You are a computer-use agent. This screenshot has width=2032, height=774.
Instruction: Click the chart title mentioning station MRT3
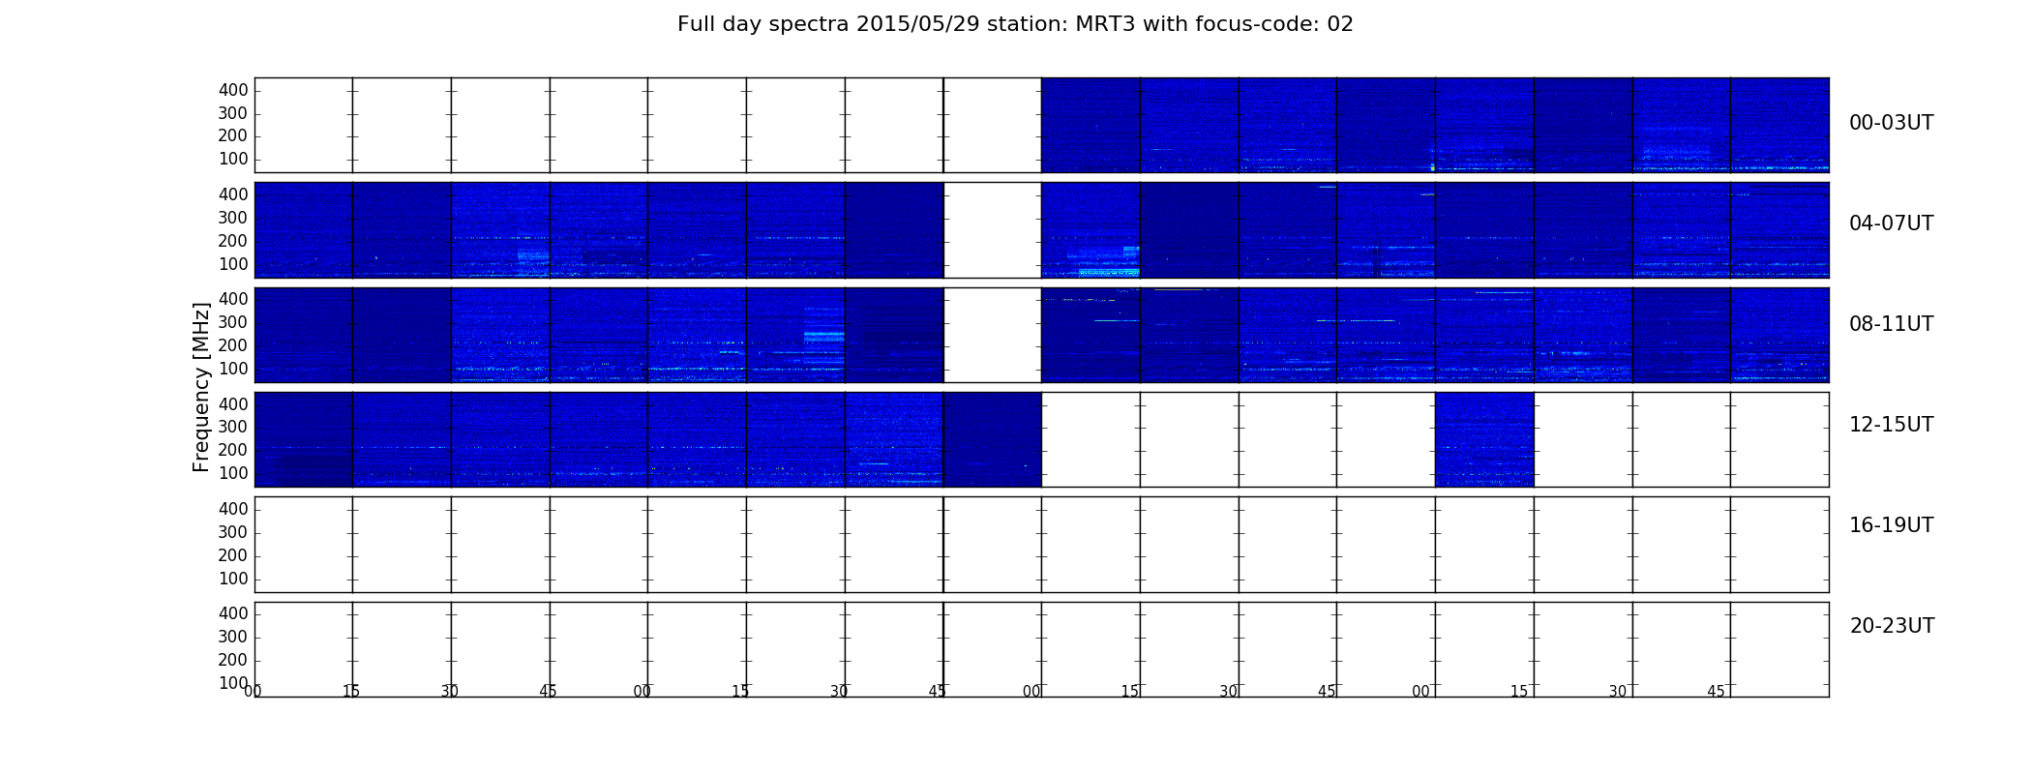point(1015,24)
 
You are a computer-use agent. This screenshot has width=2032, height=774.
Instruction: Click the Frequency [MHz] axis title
point(201,387)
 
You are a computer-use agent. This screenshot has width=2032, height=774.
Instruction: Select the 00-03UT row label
point(1891,123)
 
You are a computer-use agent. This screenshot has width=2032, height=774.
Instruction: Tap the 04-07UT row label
point(1891,223)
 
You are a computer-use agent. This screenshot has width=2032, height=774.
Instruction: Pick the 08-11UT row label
point(1891,324)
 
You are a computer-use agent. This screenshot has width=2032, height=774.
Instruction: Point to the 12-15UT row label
point(1891,425)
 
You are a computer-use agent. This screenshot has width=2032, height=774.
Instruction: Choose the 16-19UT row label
point(1891,525)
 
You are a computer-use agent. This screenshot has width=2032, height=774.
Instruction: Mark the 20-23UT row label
point(1892,626)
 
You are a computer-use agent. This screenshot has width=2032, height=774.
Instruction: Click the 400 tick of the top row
point(233,90)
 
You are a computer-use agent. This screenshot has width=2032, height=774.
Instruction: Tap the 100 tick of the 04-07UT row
point(233,264)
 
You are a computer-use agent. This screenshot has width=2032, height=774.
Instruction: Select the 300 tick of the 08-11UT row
point(233,322)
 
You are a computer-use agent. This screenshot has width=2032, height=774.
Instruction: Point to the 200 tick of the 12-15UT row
point(233,450)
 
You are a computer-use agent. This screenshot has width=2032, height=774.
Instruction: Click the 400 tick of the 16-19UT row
point(233,509)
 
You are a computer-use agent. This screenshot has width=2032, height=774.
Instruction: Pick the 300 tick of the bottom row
point(233,637)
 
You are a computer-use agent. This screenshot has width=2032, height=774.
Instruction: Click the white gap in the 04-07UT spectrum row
point(992,230)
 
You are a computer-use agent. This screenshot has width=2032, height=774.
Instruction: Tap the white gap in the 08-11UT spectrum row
point(992,335)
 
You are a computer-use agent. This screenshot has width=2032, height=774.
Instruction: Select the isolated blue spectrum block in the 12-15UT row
point(1484,439)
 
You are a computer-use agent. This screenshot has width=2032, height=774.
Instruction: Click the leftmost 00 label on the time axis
point(253,691)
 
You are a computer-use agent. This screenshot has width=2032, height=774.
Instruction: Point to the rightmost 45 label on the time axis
point(1716,691)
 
